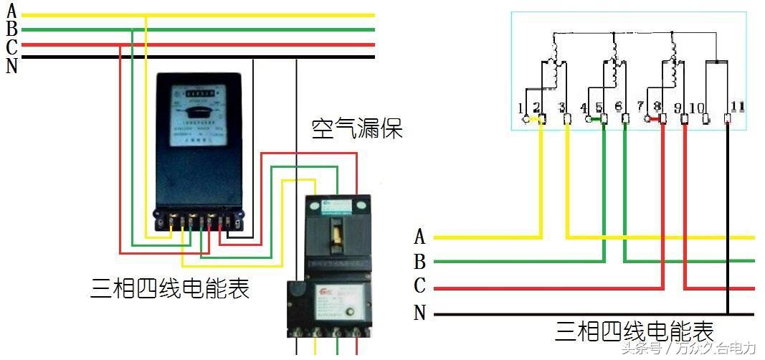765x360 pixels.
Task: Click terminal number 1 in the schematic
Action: (x=521, y=109)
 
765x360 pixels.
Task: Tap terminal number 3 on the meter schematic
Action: (x=562, y=108)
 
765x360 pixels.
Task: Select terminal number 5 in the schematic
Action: (x=599, y=108)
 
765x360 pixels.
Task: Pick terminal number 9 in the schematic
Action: (x=678, y=108)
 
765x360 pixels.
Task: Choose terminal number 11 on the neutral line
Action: (x=738, y=107)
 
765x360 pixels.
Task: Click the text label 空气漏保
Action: (x=356, y=128)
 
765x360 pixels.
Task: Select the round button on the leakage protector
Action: (x=349, y=312)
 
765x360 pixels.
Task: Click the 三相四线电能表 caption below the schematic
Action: (x=634, y=333)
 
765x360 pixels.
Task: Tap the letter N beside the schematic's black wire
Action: (x=419, y=313)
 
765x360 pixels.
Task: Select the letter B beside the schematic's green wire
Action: (x=419, y=261)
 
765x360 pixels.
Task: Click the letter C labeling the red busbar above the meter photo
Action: (x=11, y=48)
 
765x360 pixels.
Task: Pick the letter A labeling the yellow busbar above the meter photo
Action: (x=11, y=11)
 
